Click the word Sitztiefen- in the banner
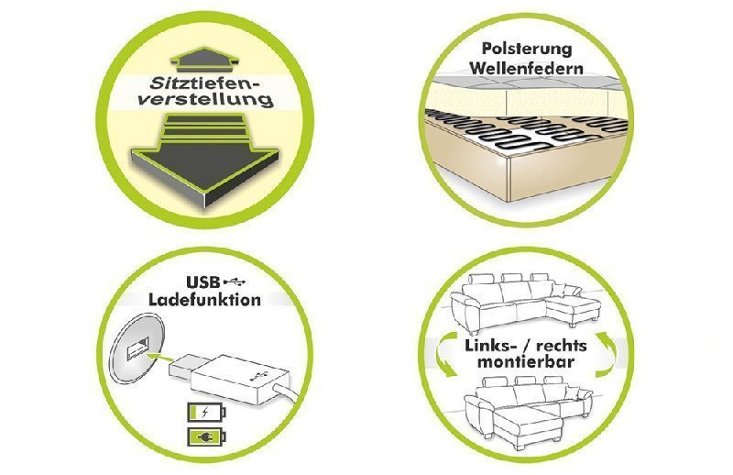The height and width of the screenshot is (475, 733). pyautogui.click(x=188, y=82)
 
